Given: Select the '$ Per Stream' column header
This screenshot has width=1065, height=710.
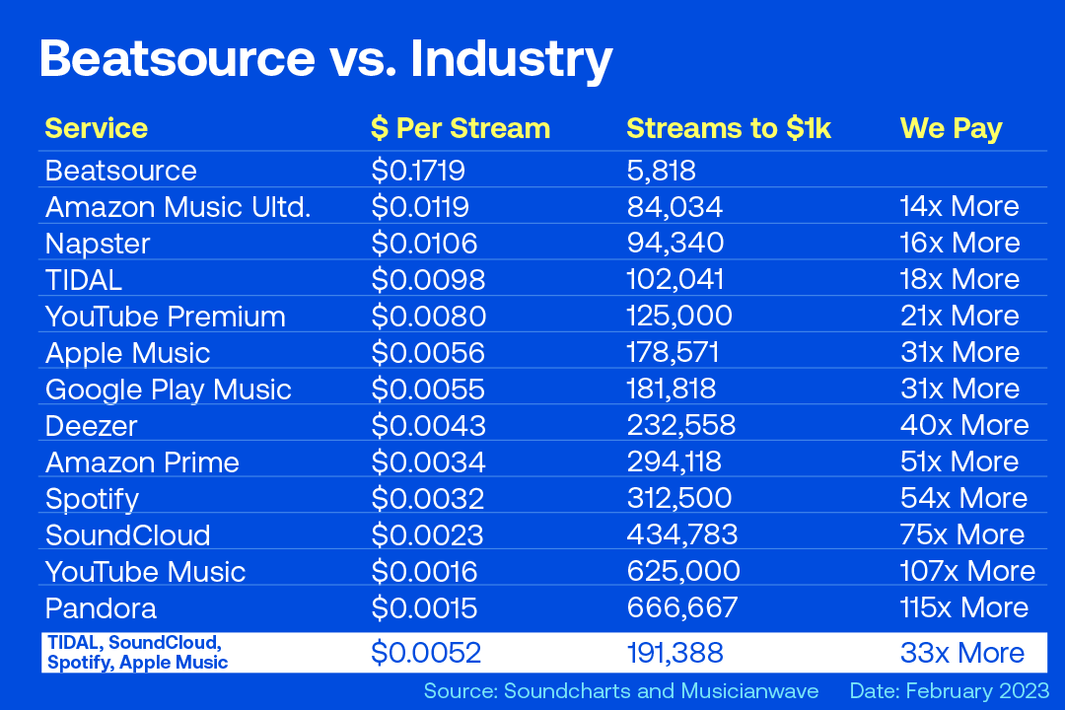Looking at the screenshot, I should pos(460,128).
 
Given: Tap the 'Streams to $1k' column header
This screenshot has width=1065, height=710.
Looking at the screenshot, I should pos(729,128).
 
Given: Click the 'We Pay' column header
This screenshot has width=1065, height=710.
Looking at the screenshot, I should pos(951,128).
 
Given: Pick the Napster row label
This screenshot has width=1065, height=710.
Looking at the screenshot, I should pos(97,243).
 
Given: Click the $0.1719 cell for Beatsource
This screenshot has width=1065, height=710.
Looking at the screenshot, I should pos(418,170).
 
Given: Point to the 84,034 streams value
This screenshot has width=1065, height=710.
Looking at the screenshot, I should pos(674,206).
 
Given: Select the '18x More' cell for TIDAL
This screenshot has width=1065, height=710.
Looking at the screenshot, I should pos(959,279).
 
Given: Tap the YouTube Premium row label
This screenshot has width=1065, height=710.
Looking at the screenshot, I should pos(166,316).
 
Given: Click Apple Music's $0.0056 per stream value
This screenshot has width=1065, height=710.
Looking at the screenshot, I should pos(428,352).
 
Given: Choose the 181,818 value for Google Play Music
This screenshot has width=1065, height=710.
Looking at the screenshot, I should pos(672,389).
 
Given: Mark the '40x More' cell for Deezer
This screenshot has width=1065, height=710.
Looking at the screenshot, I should pos(963,425).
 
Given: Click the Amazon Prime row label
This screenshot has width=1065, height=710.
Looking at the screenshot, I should pos(142,461).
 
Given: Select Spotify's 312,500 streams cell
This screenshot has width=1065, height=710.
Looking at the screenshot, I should pos(678,498).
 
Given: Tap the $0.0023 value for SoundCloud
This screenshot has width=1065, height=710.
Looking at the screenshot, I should pos(427,534).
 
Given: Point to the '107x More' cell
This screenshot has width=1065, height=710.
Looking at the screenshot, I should pos(967,571).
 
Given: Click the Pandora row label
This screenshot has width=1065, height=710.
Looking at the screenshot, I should pos(101,607).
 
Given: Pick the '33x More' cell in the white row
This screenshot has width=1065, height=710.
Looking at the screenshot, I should pos(961,652).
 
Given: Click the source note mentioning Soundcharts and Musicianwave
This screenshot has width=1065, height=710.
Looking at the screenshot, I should pos(621,690).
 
